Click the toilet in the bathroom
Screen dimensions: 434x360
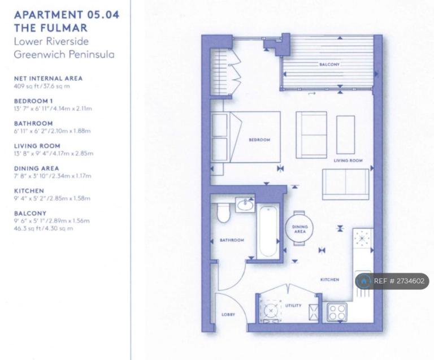[223, 212]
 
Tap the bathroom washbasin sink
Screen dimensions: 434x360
[245, 205]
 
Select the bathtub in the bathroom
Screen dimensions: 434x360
[267, 232]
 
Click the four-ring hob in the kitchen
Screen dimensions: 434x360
[337, 313]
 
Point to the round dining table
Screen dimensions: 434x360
[300, 228]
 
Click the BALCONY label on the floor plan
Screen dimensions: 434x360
[329, 64]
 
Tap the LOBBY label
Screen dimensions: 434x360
[228, 314]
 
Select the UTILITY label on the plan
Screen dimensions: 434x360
[293, 306]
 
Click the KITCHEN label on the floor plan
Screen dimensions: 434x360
[329, 280]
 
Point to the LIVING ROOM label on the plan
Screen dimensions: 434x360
[348, 161]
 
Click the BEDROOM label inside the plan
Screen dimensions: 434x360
[259, 140]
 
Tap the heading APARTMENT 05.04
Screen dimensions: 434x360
[67, 15]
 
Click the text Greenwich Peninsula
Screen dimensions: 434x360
[64, 54]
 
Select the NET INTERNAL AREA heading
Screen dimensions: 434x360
[48, 79]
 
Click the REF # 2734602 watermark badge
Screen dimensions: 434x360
[392, 281]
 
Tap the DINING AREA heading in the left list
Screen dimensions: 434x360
[37, 168]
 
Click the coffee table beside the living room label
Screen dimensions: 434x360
[345, 135]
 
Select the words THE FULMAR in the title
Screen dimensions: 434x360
[51, 28]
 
